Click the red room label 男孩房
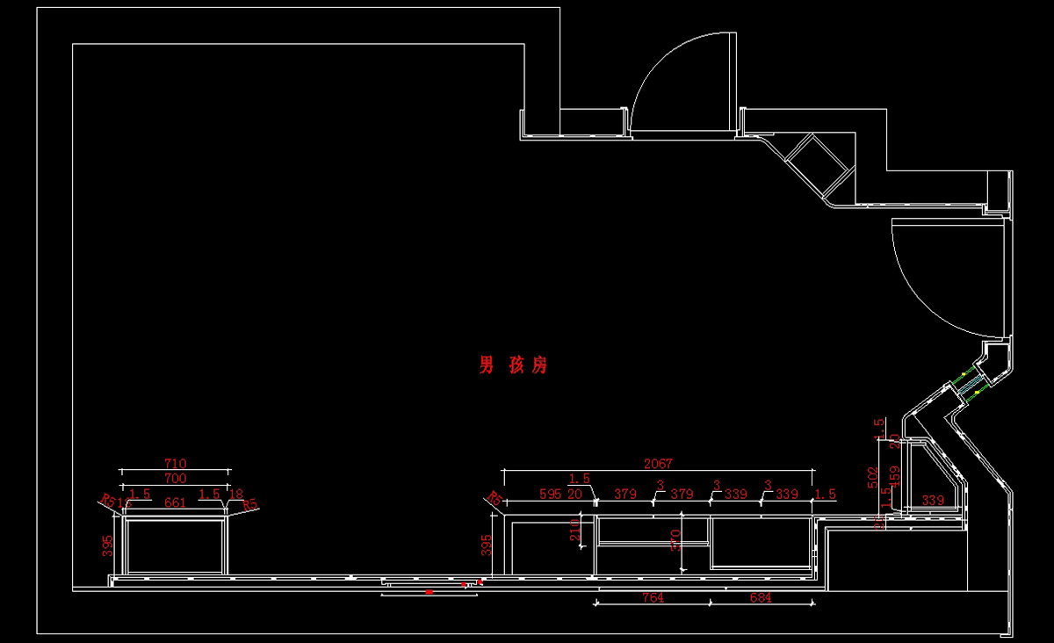click(513, 365)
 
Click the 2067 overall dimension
click(658, 464)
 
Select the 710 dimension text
click(176, 463)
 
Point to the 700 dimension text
click(176, 478)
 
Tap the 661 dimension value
click(176, 503)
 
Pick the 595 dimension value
click(549, 495)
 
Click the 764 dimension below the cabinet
click(653, 598)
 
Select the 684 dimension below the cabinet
click(761, 598)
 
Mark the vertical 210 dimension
click(575, 531)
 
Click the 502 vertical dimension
click(873, 478)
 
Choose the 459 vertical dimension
click(895, 478)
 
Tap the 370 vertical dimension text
click(675, 538)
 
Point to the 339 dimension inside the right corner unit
click(934, 501)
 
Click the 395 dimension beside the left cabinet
click(107, 545)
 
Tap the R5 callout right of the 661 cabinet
click(250, 505)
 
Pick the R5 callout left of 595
click(495, 499)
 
